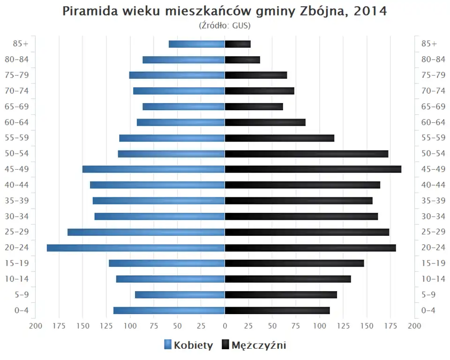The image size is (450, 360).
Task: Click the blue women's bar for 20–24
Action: point(136,247)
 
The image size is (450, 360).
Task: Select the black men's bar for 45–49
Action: point(313,169)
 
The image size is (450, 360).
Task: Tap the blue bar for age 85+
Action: point(197,44)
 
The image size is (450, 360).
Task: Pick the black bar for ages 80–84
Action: point(242,60)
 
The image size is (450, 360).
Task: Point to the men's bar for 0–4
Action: point(277,310)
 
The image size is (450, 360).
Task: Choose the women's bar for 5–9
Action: point(180,294)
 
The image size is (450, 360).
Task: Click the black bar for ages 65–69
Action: point(254,106)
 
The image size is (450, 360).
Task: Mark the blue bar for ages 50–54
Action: point(172,154)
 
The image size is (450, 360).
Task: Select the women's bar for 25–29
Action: point(146,232)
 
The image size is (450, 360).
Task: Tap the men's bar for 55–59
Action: point(280,138)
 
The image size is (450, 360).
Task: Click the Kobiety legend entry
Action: point(188,345)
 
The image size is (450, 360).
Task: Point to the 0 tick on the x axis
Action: point(225,326)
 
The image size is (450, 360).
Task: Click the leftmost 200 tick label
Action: point(36,326)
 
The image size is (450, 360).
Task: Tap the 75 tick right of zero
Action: point(296,326)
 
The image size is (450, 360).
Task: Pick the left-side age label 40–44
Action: point(17,185)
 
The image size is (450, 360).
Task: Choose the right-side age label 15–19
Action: point(433,263)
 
